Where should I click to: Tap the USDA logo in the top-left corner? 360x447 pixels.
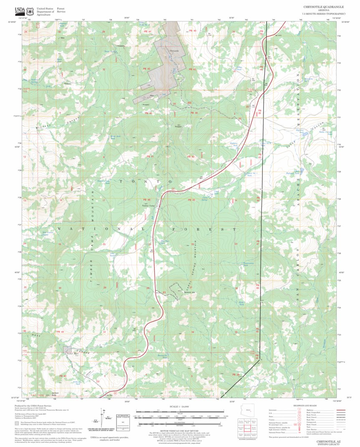20,10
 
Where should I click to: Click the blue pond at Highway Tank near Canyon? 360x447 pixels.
305,134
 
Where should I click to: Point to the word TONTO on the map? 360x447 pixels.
145,182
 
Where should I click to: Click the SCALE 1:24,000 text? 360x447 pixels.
180,406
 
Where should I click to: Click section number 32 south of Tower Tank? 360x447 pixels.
104,69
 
